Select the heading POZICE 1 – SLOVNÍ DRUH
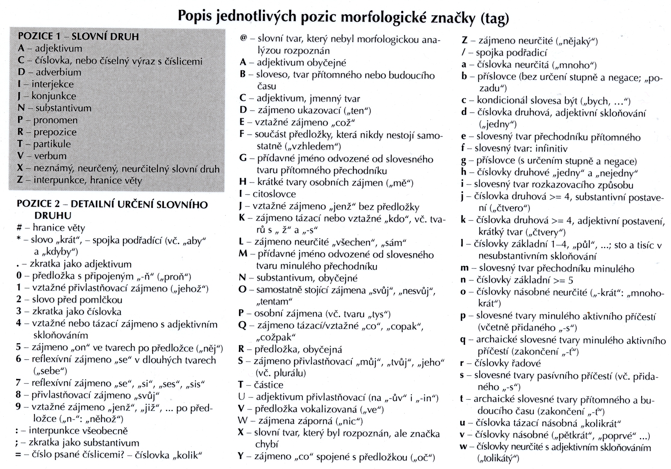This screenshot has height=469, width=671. click(x=78, y=36)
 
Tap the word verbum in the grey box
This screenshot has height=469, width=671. click(x=51, y=156)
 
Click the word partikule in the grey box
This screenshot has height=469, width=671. click(x=52, y=144)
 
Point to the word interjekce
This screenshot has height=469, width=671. click(x=53, y=84)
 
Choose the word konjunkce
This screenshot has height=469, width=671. click(x=54, y=96)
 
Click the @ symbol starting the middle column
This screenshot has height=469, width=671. click(x=244, y=39)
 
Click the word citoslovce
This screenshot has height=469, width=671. click(x=274, y=194)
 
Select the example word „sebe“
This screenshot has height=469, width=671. click(x=50, y=371)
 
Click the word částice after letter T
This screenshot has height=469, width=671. click(x=269, y=385)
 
